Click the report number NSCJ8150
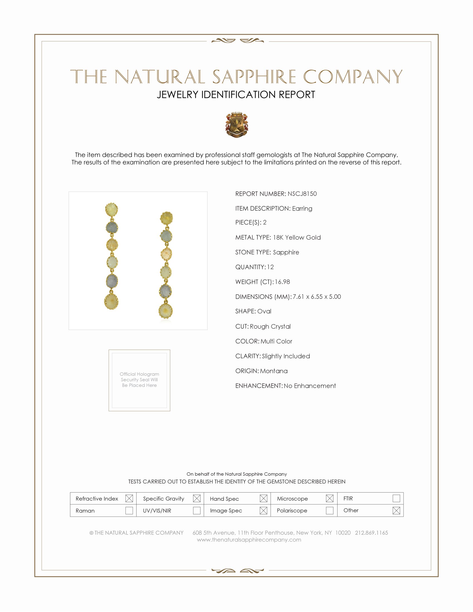point(302,194)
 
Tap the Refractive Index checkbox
point(129,498)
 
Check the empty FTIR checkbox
point(396,498)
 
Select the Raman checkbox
point(129,510)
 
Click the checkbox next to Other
point(396,510)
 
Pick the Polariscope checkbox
point(329,510)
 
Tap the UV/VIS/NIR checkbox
point(197,510)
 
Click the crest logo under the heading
point(237,125)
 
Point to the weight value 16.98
point(282,282)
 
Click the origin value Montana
point(274,371)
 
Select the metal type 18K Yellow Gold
point(297,237)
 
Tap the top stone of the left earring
point(111,209)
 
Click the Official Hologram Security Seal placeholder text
point(139,380)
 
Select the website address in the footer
point(249,540)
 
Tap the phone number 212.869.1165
point(371,533)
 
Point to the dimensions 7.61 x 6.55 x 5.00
point(317,297)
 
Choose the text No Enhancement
point(310,386)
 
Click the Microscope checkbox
point(329,498)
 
